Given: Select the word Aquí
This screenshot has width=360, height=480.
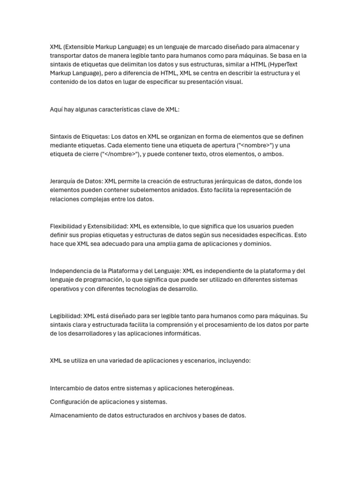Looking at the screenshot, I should click(56, 109).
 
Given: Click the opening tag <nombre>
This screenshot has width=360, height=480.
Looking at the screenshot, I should click(252, 145).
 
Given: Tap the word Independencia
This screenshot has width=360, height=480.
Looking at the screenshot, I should click(70, 271).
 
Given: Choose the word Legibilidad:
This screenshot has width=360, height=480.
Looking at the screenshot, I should click(66, 316).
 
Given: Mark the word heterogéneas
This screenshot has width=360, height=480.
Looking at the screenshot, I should click(213, 389).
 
